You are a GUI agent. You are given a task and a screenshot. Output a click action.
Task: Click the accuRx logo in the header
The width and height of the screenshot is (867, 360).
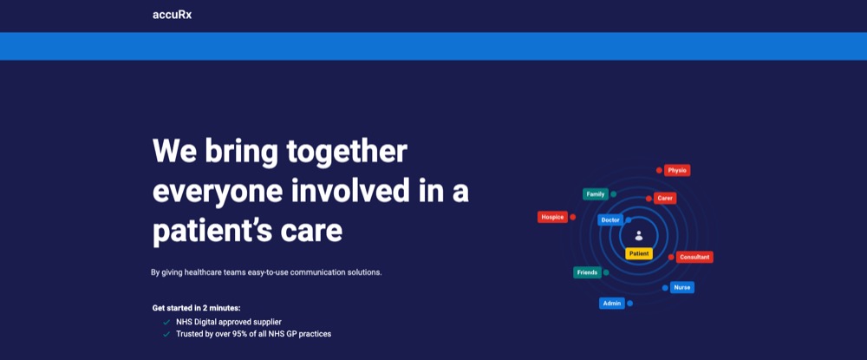[172, 15]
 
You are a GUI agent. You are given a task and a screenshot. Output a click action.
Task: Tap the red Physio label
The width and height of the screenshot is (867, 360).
[677, 170]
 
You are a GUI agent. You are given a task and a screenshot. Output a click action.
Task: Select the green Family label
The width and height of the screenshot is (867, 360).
[596, 194]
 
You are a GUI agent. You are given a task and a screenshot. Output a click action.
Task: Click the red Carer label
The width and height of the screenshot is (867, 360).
[665, 198]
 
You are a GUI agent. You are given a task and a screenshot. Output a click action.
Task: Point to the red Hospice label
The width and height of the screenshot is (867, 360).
[552, 218]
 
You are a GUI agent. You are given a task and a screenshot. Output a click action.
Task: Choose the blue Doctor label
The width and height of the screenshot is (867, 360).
[610, 220]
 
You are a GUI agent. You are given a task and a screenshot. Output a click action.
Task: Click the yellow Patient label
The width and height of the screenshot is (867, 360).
[639, 254]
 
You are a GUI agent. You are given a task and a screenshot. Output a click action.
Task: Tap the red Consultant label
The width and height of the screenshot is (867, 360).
[694, 257]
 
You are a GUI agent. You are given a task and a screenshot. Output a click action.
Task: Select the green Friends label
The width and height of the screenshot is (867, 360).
[587, 272]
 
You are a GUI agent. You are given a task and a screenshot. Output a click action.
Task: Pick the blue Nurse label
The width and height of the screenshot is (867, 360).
[682, 287]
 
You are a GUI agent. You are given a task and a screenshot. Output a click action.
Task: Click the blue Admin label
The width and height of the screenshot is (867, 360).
[612, 303]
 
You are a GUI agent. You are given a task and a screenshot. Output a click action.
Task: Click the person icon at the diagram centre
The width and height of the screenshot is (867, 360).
[639, 236]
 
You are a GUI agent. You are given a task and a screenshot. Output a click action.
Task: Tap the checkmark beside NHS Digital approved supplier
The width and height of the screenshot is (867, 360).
[166, 322]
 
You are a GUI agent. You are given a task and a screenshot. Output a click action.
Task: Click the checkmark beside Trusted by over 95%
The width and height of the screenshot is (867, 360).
[166, 334]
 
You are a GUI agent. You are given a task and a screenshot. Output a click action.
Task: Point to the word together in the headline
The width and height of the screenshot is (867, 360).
[347, 151]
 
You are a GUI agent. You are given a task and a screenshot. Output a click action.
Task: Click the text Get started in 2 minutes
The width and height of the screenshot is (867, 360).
[196, 308]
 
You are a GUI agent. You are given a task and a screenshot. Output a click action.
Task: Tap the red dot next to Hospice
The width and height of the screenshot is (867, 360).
[573, 218]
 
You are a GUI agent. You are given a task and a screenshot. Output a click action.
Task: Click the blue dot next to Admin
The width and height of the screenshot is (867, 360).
[629, 303]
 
